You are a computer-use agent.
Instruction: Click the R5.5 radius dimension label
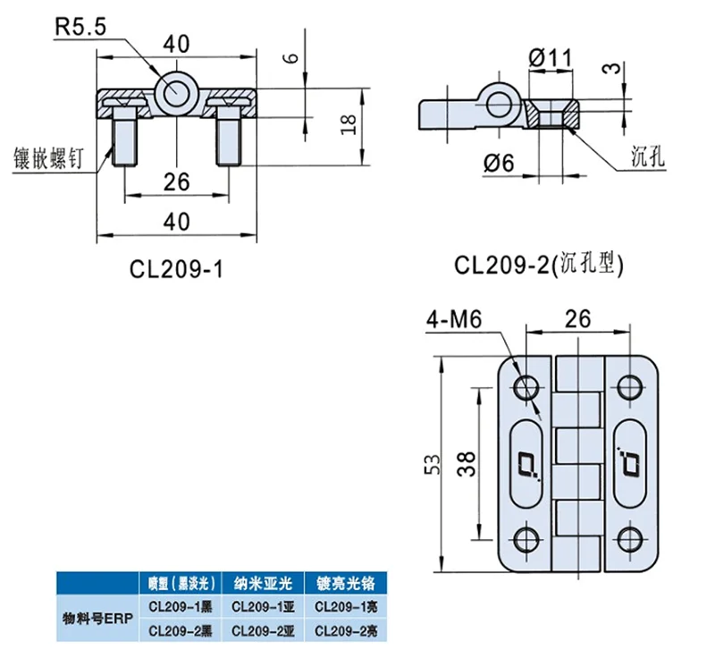tap(80, 28)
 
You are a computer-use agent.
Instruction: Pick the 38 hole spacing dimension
tap(475, 463)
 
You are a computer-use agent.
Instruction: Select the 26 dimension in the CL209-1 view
tap(177, 182)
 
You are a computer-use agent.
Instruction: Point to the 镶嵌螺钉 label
tap(46, 156)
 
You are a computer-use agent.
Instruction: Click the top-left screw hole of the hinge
tap(526, 386)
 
